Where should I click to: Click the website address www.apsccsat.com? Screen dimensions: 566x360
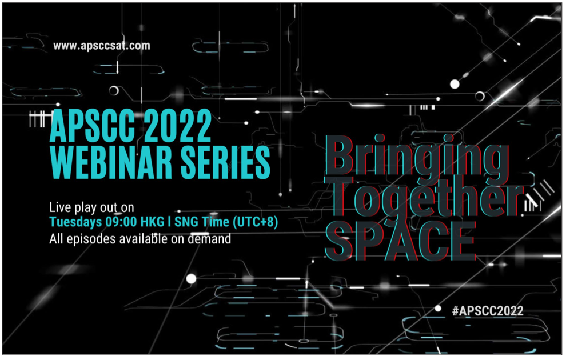101,46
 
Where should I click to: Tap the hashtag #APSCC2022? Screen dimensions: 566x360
488,311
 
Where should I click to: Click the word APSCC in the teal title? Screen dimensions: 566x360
92,126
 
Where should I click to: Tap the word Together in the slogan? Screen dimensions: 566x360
425,196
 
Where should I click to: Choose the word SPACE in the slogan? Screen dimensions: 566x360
400,241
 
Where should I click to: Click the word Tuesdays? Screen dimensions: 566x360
75,222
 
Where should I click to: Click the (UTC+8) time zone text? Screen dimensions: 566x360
255,222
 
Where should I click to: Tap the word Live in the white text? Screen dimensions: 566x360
60,207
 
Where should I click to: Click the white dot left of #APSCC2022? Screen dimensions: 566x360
438,309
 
